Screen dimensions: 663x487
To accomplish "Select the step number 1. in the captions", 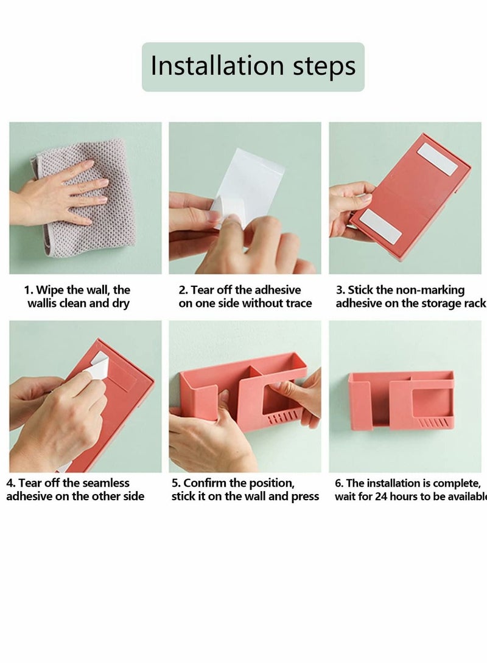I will [x=29, y=290].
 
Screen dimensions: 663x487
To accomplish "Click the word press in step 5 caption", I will [x=304, y=496].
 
